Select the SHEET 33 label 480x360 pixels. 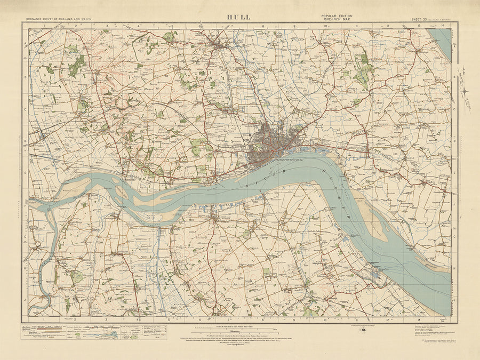(x=420, y=19)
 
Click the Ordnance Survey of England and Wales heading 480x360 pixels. (x=58, y=19)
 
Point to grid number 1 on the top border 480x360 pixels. (x=44, y=25)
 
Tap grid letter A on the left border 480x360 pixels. (x=25, y=45)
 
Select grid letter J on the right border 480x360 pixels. (x=454, y=300)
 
